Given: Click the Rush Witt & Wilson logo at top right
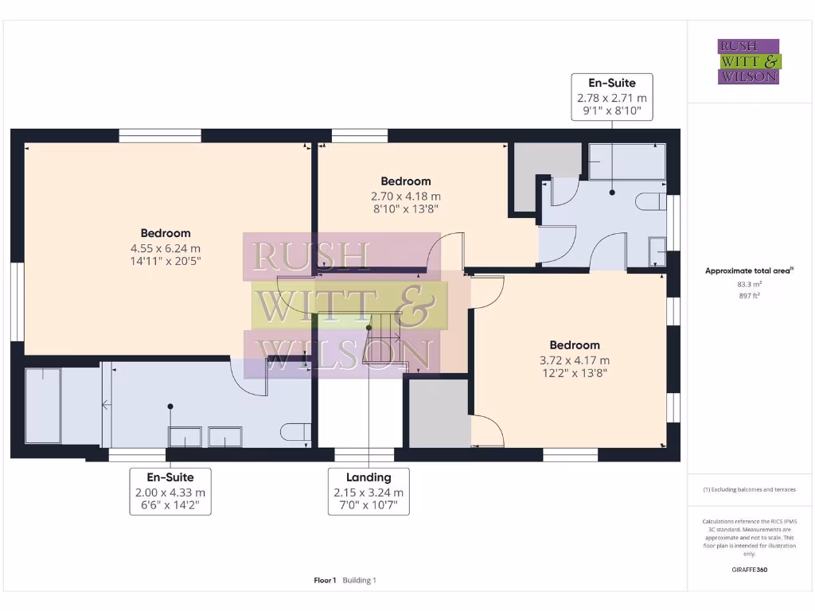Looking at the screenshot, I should [x=749, y=61].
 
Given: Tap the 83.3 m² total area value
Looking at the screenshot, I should [x=749, y=283].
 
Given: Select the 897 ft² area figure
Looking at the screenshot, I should [x=749, y=295].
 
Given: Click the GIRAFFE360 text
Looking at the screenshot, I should [x=749, y=570].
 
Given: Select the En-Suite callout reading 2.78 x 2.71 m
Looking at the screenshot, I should [x=612, y=97].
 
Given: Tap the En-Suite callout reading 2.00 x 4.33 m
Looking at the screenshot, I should [x=170, y=491].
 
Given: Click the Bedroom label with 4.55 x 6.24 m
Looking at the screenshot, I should [x=166, y=247].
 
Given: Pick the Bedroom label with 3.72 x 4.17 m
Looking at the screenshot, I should [x=574, y=359].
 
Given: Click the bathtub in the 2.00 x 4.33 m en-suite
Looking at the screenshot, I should [x=43, y=405].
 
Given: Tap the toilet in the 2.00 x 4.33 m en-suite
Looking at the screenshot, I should [x=295, y=432].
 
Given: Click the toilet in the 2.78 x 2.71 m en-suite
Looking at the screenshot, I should [x=651, y=200].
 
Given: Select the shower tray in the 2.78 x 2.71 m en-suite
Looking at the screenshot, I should [x=626, y=162].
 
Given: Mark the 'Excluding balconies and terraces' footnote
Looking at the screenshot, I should [x=749, y=489].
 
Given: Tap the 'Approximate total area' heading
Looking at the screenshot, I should [x=747, y=270].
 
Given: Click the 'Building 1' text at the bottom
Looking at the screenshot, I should [x=359, y=580].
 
